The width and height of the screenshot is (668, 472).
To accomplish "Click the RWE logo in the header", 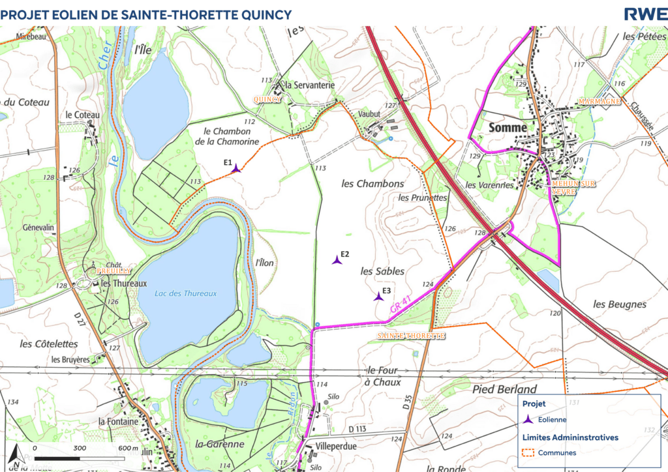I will point(645,14).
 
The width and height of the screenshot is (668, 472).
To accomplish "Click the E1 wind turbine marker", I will point(236,169).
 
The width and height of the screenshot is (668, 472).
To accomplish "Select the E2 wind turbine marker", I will point(337,260).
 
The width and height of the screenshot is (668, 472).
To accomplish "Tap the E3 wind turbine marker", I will point(378,297).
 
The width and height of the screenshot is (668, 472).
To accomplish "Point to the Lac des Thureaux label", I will point(185,293).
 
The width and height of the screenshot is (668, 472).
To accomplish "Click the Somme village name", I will point(507,128).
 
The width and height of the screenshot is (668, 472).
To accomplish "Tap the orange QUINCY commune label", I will point(267,99).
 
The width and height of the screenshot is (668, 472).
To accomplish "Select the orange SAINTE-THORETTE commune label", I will point(411,335).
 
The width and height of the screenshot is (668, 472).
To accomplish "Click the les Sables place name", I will point(382,271).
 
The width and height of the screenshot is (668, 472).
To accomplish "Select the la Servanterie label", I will point(309,85).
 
